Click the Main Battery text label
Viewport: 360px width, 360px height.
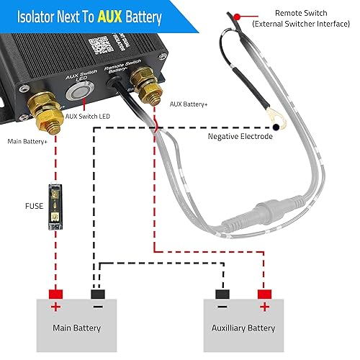pyautogui.click(x=76, y=328)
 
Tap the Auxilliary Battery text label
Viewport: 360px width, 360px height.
pyautogui.click(x=244, y=328)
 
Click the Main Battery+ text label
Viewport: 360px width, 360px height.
pyautogui.click(x=28, y=141)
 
